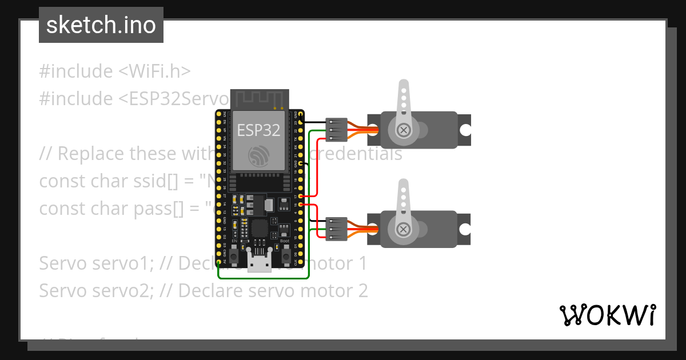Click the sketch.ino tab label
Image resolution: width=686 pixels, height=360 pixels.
101,26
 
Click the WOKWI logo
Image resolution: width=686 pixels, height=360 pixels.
607,315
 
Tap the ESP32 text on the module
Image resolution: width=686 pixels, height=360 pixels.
259,130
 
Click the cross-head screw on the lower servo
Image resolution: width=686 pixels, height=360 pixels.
404,230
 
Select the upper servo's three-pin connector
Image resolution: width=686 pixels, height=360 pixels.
336,130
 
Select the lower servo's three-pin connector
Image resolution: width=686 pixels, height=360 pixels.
336,228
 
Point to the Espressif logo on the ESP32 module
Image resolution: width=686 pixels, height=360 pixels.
259,157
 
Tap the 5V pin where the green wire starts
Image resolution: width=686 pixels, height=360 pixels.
219,263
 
